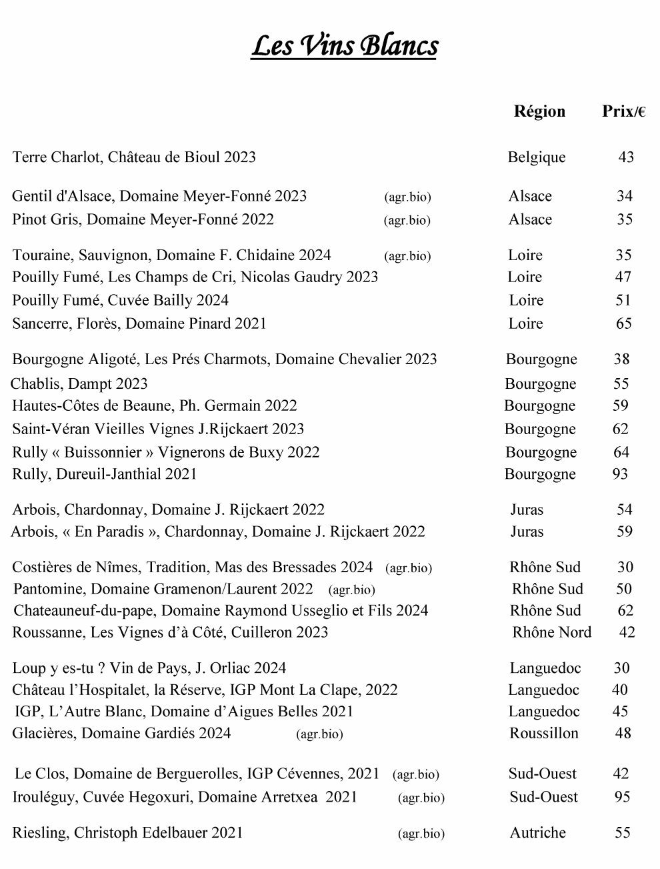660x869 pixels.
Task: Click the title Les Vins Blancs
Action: pos(344,46)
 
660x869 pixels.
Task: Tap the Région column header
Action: pos(539,111)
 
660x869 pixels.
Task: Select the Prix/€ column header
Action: pos(623,111)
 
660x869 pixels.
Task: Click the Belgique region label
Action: pos(536,157)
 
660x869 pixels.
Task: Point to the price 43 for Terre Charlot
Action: pos(626,157)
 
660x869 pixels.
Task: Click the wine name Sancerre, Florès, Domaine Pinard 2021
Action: pos(139,323)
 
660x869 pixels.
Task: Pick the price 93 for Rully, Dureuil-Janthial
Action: pos(620,474)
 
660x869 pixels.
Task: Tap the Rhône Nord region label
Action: pos(551,632)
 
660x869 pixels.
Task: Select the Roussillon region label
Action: pos(544,734)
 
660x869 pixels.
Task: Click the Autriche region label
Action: pos(537,833)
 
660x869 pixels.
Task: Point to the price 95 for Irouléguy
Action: pos(622,797)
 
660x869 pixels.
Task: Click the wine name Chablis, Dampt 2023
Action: pos(79,384)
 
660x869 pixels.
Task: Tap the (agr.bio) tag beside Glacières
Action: pos(319,735)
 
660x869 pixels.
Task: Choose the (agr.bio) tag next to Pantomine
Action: pos(352,590)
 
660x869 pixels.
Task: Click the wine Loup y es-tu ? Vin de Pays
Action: pos(149,668)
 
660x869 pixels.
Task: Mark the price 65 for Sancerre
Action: pos(623,323)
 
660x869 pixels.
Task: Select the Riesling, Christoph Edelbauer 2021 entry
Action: pos(127,833)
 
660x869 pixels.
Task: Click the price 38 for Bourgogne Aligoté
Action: pos(621,359)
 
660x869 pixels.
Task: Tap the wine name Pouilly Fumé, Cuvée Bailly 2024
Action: pos(121,300)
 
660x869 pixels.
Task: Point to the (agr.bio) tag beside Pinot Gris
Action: pos(407,221)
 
